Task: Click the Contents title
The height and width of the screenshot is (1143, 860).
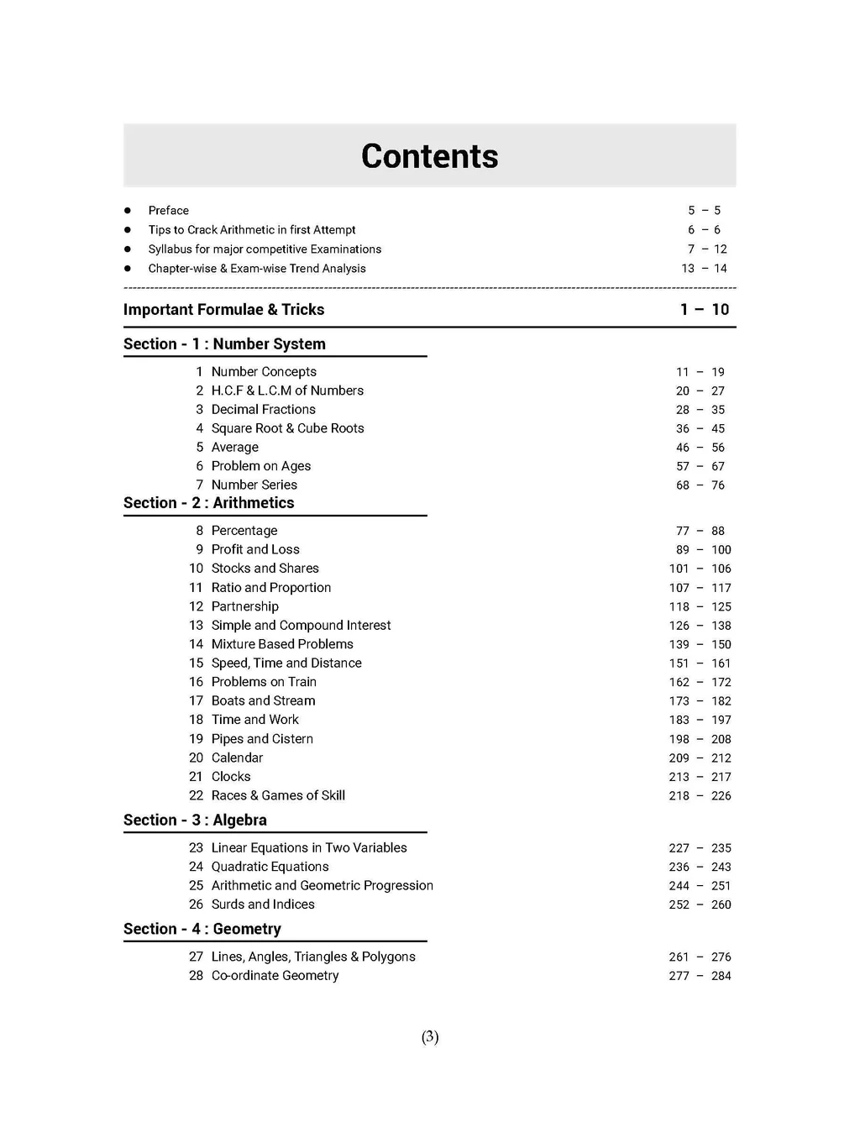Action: [429, 156]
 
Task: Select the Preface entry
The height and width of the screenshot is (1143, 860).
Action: [168, 211]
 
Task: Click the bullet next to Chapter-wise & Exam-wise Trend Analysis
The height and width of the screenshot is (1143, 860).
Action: [128, 269]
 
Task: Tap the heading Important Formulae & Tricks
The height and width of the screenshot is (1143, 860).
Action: [223, 310]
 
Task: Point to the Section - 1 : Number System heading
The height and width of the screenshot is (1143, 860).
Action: [224, 344]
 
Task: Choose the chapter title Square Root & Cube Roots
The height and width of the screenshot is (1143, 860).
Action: [287, 428]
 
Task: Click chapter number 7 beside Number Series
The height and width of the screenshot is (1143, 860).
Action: [199, 485]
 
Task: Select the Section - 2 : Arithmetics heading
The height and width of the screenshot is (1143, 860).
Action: [208, 503]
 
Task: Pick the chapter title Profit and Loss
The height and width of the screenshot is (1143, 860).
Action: [255, 550]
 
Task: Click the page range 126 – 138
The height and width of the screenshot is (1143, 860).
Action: [700, 626]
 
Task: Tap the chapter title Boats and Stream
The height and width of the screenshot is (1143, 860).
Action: [263, 701]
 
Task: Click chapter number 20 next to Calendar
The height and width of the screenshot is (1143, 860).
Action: [196, 758]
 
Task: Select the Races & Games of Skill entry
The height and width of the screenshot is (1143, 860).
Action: [278, 796]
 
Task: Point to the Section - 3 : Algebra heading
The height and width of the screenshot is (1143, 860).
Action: [195, 821]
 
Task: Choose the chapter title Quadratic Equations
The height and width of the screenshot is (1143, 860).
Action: [270, 868]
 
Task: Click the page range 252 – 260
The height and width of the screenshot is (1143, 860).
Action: [700, 905]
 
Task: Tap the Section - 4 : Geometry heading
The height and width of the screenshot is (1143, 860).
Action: [202, 930]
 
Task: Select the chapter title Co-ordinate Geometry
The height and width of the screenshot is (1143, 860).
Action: [275, 976]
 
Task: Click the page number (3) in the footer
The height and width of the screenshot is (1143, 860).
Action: [430, 1037]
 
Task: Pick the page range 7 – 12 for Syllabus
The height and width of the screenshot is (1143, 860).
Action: [707, 249]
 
